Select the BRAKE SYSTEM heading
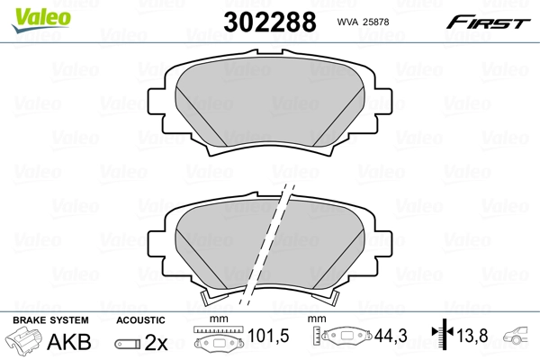point(50,319)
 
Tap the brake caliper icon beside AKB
point(25,342)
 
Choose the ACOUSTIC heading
point(141,319)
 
